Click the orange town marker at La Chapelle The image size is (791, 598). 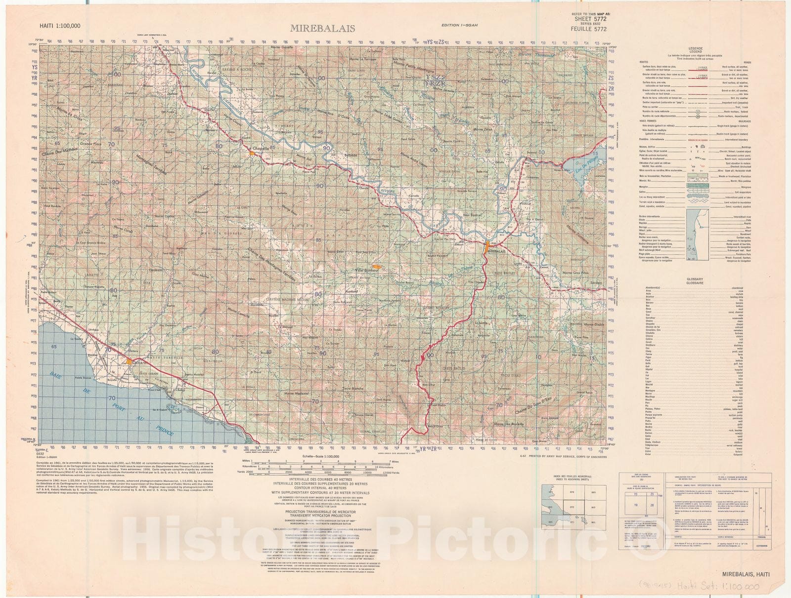tap(253, 154)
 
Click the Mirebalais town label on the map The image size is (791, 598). tap(499, 251)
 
